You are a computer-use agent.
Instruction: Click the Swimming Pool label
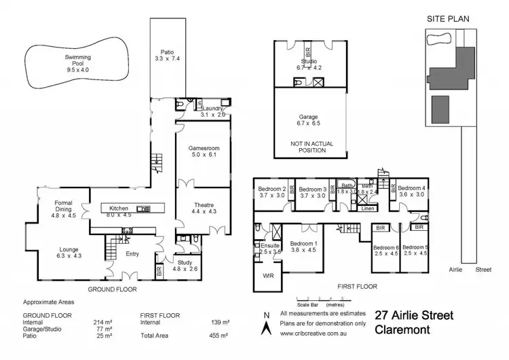tap(78, 58)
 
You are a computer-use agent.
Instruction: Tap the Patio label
tap(167, 52)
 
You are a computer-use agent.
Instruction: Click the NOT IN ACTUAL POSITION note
tap(308, 147)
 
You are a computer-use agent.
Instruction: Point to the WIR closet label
tap(267, 276)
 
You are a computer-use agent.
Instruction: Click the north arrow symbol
tap(265, 325)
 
